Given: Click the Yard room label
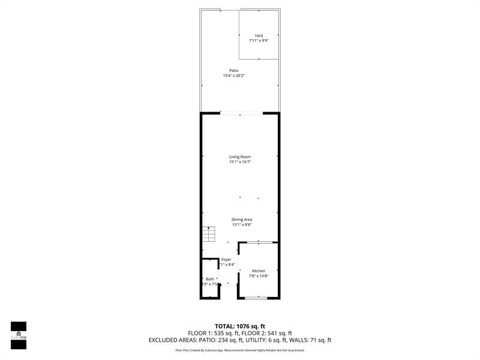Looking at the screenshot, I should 259,35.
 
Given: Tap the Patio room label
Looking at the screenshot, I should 233,70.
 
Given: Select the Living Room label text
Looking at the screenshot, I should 239,157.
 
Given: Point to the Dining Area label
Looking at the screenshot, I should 242,220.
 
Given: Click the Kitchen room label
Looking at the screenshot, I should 259,271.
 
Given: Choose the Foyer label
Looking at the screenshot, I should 226,260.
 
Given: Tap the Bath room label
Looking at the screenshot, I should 210,279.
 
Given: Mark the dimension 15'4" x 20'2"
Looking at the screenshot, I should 233,76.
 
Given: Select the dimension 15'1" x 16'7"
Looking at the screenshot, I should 239,162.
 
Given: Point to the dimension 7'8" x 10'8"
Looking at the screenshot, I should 259,277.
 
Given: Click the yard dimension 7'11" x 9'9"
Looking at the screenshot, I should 259,41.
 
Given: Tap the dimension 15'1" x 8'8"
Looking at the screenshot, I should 242,225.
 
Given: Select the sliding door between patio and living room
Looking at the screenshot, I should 240,113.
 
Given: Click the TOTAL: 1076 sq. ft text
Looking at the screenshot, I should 240,326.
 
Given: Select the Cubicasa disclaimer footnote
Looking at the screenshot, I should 240,350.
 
